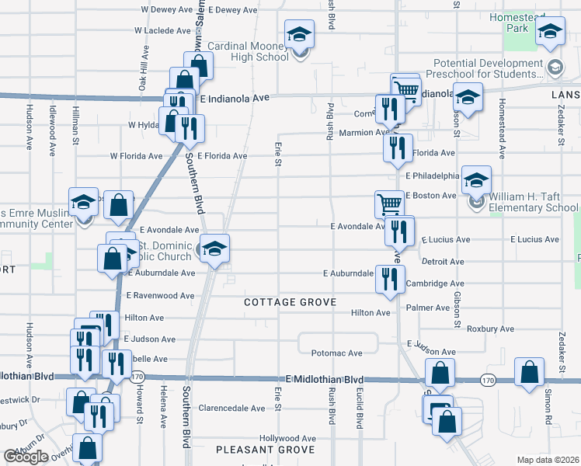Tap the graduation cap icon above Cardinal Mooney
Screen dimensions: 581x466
(x=298, y=35)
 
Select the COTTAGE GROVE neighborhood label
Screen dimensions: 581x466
(x=290, y=301)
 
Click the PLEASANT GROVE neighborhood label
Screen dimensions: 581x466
(x=265, y=450)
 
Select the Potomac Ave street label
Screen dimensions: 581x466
(x=336, y=353)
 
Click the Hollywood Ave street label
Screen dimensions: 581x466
(x=288, y=438)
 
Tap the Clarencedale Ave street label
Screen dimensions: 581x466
(x=232, y=408)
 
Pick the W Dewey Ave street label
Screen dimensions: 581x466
(x=167, y=10)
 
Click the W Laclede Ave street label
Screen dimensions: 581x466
(x=162, y=31)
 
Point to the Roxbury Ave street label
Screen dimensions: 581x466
(x=490, y=329)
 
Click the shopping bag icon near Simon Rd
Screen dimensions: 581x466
(x=530, y=373)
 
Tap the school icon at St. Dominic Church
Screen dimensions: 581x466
(x=215, y=249)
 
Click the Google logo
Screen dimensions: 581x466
(x=26, y=457)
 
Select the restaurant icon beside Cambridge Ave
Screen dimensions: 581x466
(x=388, y=279)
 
